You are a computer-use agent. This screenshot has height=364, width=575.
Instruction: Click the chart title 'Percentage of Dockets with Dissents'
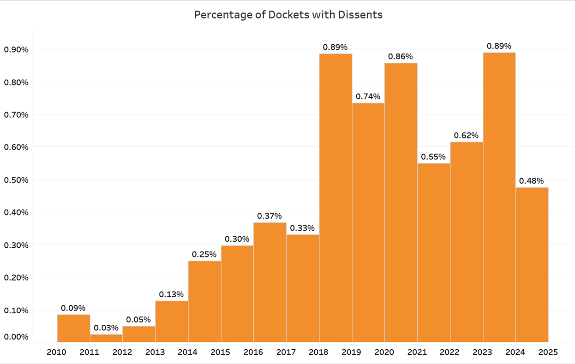[x=288, y=15]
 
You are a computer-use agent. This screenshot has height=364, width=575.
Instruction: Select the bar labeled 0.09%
[x=73, y=328]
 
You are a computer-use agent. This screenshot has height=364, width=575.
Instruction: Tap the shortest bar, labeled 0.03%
[x=106, y=338]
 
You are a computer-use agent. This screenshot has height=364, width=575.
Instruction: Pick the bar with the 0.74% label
[x=368, y=221]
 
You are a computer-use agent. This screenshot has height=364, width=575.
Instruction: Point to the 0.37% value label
[x=270, y=216]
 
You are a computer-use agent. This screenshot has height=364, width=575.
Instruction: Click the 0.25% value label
[x=204, y=254]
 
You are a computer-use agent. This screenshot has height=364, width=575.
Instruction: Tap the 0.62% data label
[x=466, y=136]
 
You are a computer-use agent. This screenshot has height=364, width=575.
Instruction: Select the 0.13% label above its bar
[x=171, y=294]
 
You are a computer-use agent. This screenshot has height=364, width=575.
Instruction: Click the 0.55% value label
[x=433, y=156]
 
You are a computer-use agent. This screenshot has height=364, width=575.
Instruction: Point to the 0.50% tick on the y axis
[x=16, y=180]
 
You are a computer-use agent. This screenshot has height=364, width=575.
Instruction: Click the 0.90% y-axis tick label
[x=16, y=49]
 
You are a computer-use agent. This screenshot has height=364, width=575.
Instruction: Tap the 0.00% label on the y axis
[x=16, y=337]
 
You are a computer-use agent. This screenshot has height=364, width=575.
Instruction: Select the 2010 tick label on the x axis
[x=57, y=352]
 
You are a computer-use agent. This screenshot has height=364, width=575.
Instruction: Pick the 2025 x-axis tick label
[x=548, y=352]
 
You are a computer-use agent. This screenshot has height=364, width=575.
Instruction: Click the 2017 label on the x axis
[x=286, y=352]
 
